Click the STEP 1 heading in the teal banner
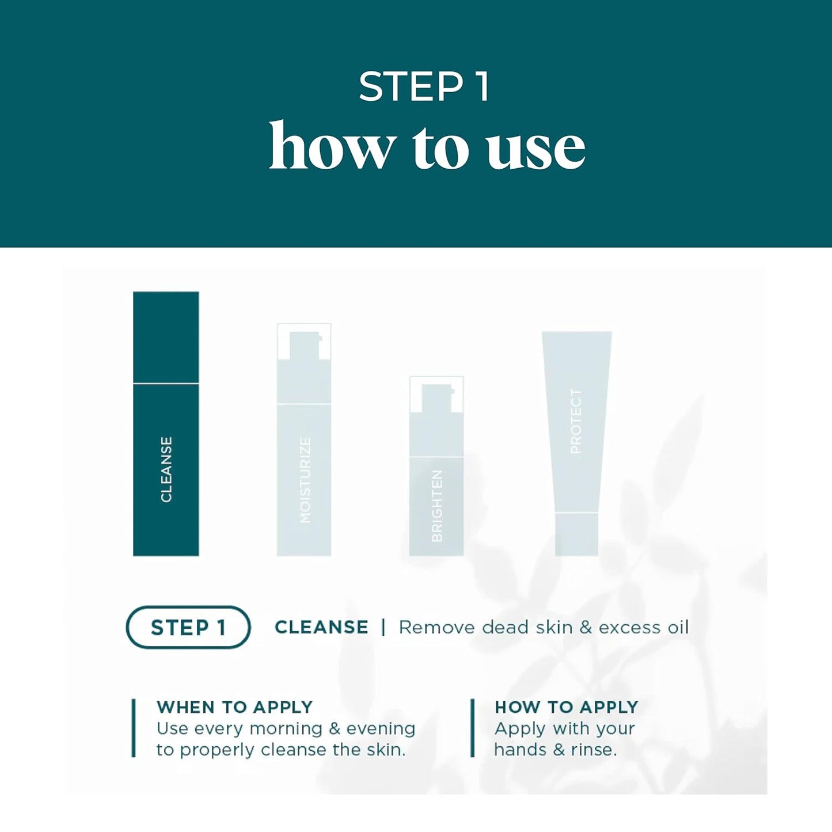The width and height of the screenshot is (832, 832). (424, 87)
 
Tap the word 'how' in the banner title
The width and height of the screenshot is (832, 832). (332, 147)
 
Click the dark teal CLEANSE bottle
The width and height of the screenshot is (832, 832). (166, 423)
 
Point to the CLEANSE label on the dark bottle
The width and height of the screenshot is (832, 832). (166, 469)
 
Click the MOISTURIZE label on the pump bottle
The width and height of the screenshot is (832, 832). (305, 480)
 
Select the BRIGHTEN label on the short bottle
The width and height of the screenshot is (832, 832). (437, 506)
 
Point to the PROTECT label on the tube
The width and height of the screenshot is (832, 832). (576, 421)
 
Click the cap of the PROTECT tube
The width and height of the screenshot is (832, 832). (576, 534)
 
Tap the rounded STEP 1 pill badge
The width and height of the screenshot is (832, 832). (188, 627)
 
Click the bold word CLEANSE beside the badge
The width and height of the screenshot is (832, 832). (321, 627)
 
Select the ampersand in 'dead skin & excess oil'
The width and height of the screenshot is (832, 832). (586, 627)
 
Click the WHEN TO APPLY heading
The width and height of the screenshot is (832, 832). (234, 706)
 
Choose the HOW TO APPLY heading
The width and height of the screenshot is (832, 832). (567, 706)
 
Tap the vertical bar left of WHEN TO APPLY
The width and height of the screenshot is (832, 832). (134, 728)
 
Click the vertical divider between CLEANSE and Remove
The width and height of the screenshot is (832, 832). (383, 627)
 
